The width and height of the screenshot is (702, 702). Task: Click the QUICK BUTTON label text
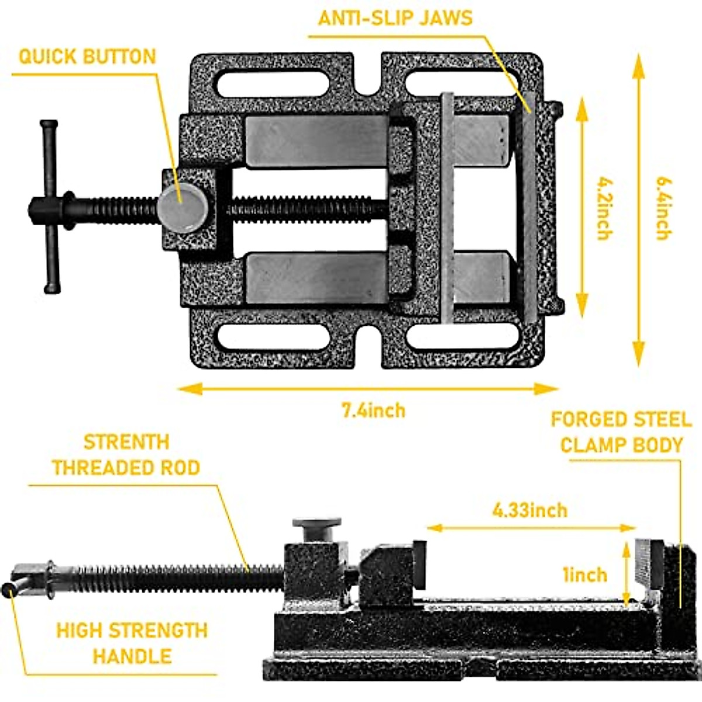(87, 57)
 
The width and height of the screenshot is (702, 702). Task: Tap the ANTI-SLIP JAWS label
(395, 18)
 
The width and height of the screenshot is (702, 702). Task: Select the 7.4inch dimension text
(373, 410)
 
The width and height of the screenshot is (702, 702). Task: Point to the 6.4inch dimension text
(662, 208)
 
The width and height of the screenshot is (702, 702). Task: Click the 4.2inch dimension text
(604, 208)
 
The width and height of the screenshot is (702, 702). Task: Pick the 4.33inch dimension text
(529, 510)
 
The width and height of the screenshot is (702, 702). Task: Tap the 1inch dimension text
(584, 574)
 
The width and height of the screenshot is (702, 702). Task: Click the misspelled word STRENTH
(126, 442)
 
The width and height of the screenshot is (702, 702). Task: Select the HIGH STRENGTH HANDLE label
(132, 642)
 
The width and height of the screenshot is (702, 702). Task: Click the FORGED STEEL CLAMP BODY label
(621, 432)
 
